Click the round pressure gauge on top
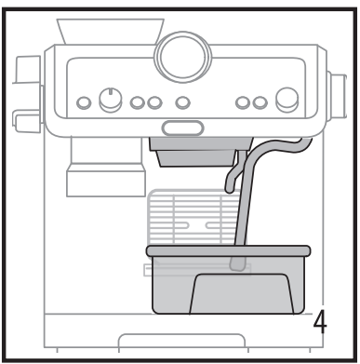[x=183, y=58]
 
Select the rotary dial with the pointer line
[x=110, y=101]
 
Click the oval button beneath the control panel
[x=183, y=128]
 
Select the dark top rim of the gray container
[x=227, y=250]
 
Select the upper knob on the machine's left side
[x=24, y=70]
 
